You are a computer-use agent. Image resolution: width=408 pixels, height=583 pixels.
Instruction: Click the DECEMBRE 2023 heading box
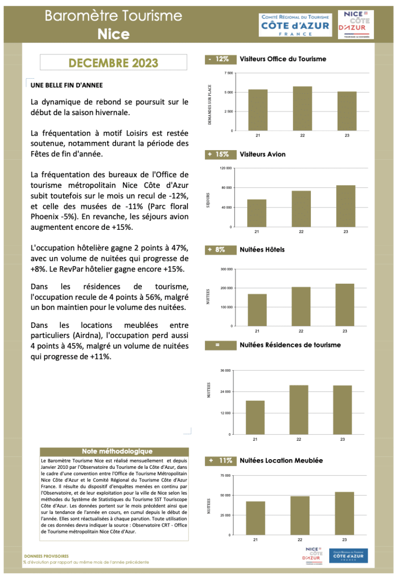(113, 63)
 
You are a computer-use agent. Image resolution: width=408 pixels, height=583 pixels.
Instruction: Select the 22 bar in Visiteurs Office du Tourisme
(302, 108)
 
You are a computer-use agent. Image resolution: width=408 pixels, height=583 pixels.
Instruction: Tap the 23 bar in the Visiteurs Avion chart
(345, 206)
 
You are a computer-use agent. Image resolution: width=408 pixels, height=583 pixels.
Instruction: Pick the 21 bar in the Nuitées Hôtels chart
(257, 310)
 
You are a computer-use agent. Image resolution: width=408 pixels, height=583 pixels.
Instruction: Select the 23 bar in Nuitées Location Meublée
(344, 514)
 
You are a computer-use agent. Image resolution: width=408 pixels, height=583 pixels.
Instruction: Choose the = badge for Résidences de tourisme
(218, 345)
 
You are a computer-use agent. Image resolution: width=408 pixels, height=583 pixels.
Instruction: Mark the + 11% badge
(220, 460)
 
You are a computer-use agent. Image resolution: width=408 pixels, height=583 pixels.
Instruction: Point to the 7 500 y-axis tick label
(228, 73)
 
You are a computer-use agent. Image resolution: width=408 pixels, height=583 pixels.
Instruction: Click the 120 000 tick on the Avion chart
(226, 168)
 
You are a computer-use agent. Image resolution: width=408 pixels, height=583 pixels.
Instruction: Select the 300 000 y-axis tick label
(226, 269)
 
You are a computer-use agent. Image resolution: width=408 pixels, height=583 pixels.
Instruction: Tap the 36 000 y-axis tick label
(226, 371)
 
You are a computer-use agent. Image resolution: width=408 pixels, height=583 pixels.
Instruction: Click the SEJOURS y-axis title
(208, 200)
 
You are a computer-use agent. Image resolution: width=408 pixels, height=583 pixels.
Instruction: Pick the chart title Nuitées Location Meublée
(281, 460)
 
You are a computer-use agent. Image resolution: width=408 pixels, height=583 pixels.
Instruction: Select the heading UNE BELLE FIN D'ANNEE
(67, 85)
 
